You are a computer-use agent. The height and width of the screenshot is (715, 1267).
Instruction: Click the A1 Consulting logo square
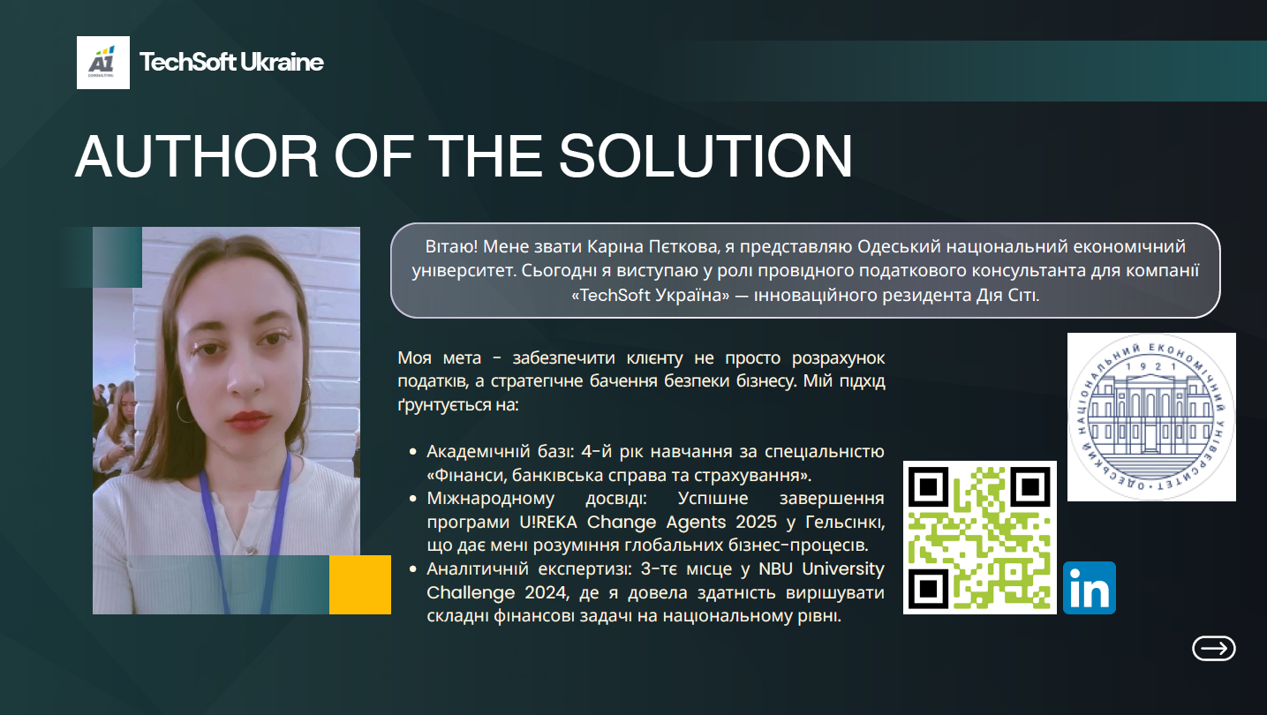click(x=103, y=63)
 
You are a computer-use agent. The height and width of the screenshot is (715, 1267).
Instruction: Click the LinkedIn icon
click(x=1089, y=588)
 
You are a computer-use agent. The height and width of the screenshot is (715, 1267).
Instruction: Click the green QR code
click(x=980, y=538)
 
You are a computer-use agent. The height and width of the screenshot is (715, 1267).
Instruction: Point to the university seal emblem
click(x=1151, y=417)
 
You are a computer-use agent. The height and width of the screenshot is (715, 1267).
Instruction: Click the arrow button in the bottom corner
click(x=1214, y=648)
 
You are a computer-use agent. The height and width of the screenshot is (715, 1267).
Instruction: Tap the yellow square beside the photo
click(x=359, y=584)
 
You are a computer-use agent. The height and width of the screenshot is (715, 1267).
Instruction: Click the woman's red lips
click(x=248, y=420)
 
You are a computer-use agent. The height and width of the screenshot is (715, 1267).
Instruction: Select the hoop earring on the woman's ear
click(x=184, y=409)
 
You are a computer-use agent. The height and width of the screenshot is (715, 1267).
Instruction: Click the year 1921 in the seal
click(x=1150, y=366)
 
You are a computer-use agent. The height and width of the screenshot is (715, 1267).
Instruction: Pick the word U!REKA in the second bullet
click(x=548, y=522)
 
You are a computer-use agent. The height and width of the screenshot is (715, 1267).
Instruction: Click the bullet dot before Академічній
click(x=413, y=451)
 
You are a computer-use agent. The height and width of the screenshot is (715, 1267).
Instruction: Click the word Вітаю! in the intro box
click(x=451, y=246)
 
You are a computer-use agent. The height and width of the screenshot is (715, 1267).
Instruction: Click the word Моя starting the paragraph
click(x=414, y=357)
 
